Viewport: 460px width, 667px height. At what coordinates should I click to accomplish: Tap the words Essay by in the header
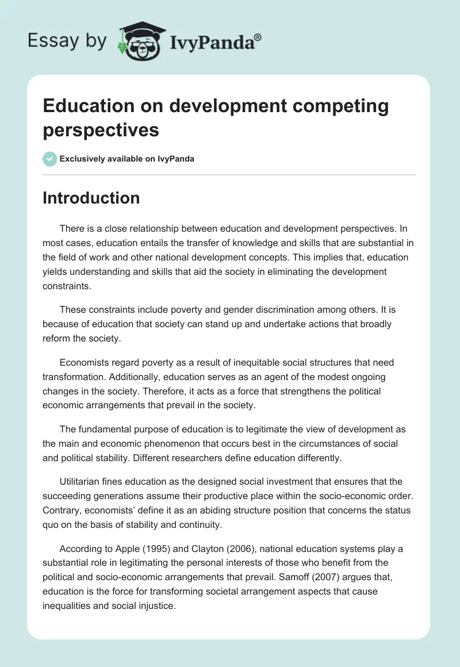point(67,40)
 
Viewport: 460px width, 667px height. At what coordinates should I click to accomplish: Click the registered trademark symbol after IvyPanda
point(258,37)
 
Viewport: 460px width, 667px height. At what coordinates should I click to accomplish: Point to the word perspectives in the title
point(101,130)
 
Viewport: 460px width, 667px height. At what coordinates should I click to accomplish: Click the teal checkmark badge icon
point(50,159)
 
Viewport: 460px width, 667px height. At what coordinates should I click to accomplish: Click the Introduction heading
point(91,198)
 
